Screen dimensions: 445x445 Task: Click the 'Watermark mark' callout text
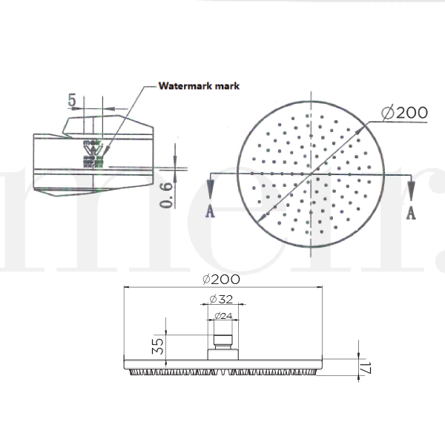point(198,86)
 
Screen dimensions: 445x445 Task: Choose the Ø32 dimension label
point(220,299)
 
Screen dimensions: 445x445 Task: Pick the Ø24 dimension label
point(222,316)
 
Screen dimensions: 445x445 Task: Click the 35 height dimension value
point(157,346)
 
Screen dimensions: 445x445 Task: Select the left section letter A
point(211,211)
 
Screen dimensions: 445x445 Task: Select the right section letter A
point(410,213)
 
